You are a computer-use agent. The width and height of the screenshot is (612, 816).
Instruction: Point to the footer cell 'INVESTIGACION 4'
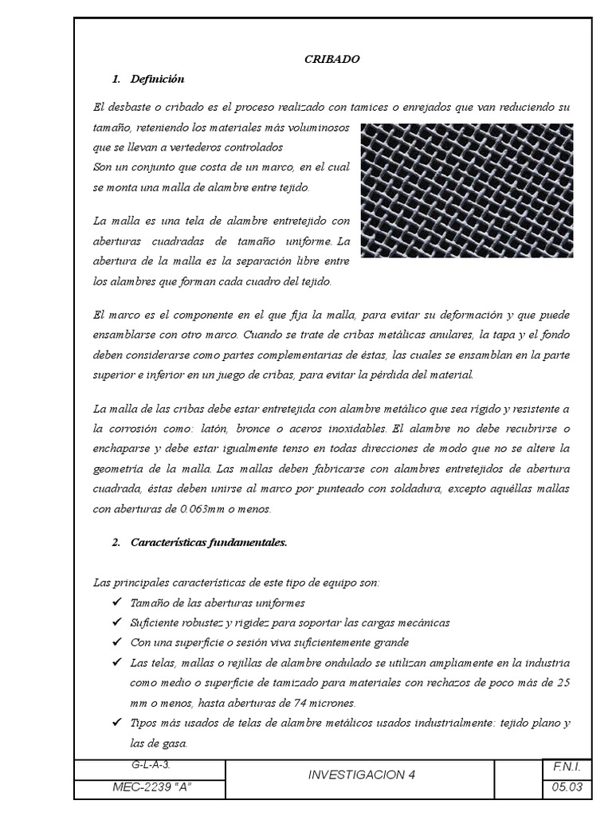click(361, 775)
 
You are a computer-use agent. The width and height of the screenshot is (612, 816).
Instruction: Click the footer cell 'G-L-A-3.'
click(150, 764)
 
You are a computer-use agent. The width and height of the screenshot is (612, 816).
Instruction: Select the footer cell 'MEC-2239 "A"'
click(150, 787)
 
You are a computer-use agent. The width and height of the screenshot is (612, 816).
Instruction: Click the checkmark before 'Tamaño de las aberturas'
click(119, 602)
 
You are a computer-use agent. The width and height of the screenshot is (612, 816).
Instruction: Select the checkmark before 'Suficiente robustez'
click(119, 622)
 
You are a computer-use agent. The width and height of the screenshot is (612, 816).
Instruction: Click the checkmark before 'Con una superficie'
click(119, 641)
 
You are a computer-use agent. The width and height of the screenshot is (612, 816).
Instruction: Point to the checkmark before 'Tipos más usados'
click(119, 723)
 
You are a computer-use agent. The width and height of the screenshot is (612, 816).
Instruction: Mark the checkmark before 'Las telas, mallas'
click(119, 663)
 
